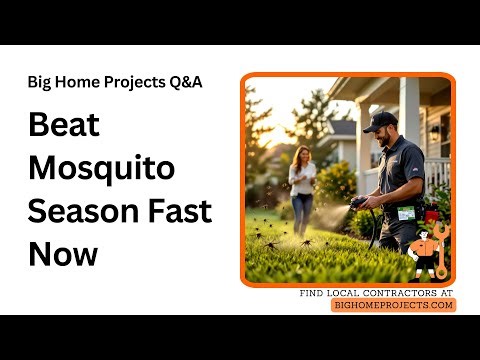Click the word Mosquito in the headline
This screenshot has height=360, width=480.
92,169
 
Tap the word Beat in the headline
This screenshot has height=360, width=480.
63,127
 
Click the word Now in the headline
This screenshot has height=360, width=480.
63,253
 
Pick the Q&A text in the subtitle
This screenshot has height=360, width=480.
183,82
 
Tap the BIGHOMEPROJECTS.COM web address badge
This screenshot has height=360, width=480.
393,305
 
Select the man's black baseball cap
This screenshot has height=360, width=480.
380,121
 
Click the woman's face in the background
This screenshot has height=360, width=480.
301,155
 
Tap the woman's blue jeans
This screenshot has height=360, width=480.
301,212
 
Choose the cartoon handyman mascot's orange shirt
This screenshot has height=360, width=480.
424,248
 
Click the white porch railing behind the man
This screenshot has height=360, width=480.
437,175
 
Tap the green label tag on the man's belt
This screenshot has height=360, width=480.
406,212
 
